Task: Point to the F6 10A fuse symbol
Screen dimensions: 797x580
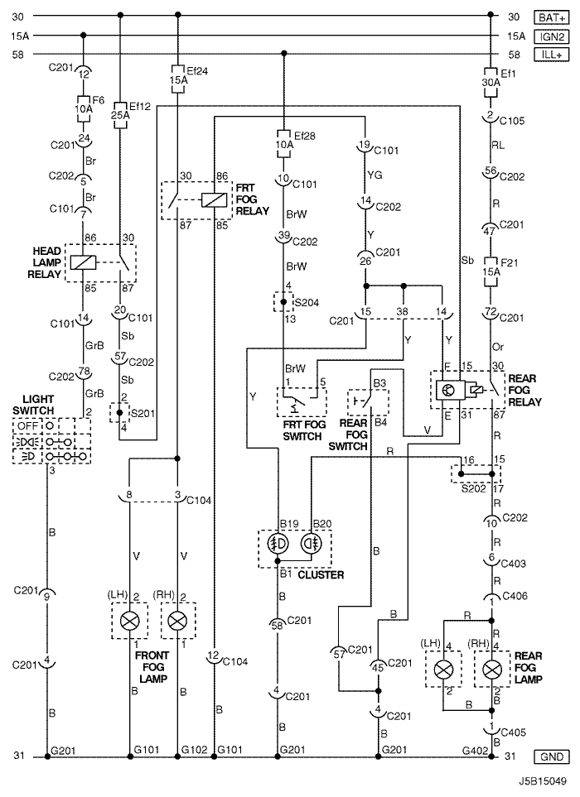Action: pyautogui.click(x=84, y=108)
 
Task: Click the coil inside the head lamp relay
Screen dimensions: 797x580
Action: pyautogui.click(x=83, y=261)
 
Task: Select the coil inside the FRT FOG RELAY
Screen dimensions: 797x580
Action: pyautogui.click(x=215, y=199)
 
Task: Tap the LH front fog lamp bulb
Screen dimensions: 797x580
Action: pyautogui.click(x=129, y=621)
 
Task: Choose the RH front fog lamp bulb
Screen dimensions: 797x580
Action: pyautogui.click(x=177, y=621)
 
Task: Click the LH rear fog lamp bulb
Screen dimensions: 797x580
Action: pyautogui.click(x=443, y=667)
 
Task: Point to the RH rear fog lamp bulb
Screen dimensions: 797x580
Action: pyautogui.click(x=491, y=667)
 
